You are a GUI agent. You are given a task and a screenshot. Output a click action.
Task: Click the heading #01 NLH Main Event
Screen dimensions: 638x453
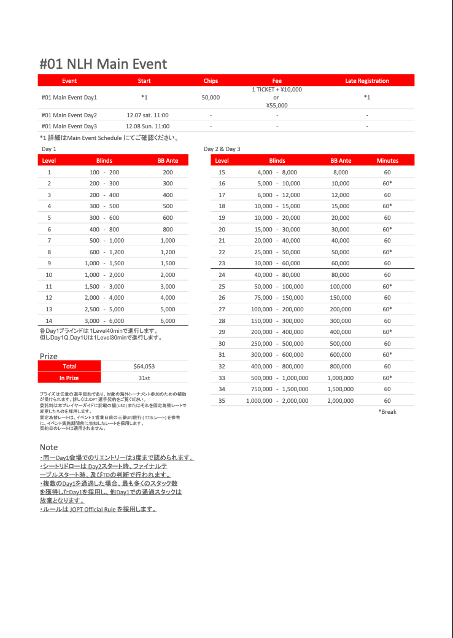[x=103, y=64]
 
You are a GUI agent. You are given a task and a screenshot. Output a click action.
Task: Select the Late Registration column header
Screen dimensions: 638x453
[x=367, y=80]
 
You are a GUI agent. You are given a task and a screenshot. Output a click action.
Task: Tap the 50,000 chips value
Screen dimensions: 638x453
[x=211, y=98]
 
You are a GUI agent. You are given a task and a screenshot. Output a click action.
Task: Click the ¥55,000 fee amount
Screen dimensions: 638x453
[x=277, y=106]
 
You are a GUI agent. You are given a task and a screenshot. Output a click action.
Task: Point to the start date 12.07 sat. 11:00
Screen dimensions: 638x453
[x=147, y=115]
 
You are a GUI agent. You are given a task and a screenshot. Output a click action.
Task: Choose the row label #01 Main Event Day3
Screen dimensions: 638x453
[x=69, y=126]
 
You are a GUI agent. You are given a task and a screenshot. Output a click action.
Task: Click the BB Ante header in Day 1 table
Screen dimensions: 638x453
[x=168, y=161]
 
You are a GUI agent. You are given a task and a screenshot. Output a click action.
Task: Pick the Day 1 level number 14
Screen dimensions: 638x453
[x=49, y=321]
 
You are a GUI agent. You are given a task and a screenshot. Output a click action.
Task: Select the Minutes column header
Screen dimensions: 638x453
[x=387, y=161]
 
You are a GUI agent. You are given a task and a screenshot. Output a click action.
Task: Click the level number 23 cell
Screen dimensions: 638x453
[x=222, y=263]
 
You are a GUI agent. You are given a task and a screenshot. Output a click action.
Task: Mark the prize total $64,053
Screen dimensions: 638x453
[x=144, y=367]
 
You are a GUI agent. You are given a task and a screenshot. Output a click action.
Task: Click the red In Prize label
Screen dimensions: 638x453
[x=69, y=378]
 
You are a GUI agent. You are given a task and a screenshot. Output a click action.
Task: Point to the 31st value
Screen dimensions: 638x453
[x=144, y=378]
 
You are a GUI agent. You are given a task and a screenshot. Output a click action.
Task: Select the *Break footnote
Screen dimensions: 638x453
[x=387, y=412]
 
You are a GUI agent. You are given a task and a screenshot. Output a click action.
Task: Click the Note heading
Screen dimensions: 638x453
[x=49, y=447]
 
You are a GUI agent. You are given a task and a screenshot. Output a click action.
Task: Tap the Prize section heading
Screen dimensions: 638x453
[x=48, y=356]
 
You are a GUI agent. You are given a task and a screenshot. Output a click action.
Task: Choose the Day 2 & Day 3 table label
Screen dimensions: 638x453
[x=222, y=149]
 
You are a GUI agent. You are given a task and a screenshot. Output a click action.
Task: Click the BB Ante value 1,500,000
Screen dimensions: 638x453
[x=341, y=389]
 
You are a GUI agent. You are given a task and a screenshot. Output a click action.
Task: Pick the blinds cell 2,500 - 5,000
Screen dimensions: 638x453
[x=107, y=309]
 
